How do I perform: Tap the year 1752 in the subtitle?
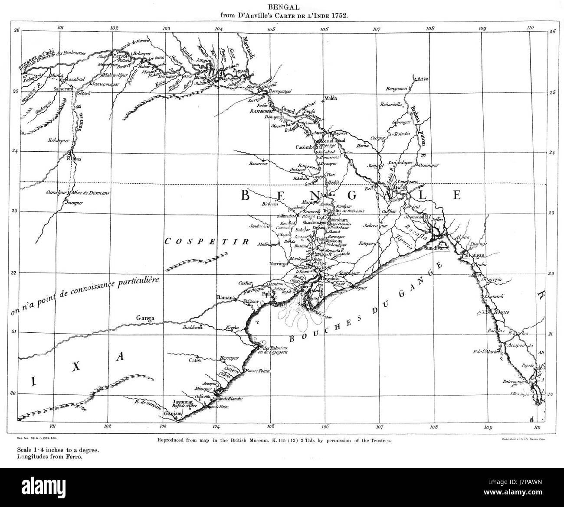tap(340, 15)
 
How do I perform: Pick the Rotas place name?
tap(74, 159)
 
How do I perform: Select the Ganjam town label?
tap(170, 414)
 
